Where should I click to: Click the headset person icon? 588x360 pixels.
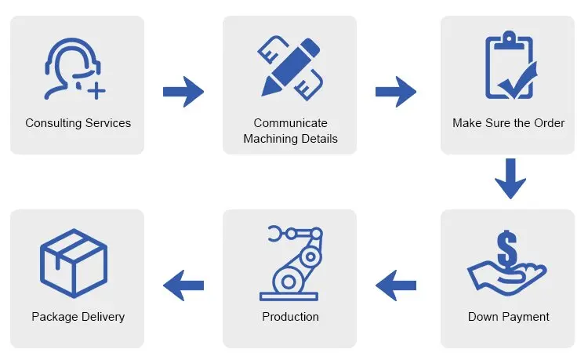pyautogui.click(x=73, y=68)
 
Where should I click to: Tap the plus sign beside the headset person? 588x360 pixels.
pyautogui.click(x=96, y=91)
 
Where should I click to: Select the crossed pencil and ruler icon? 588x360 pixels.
pyautogui.click(x=290, y=68)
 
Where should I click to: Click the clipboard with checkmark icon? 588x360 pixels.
pyautogui.click(x=510, y=65)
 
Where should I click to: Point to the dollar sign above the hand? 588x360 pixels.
pyautogui.click(x=507, y=248)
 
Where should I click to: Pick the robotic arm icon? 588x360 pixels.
pyautogui.click(x=291, y=263)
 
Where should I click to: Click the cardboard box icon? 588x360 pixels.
pyautogui.click(x=74, y=264)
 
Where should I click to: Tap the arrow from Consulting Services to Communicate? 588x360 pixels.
pyautogui.click(x=183, y=92)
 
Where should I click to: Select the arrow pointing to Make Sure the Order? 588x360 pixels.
pyautogui.click(x=396, y=92)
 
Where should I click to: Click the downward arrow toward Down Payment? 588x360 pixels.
pyautogui.click(x=510, y=179)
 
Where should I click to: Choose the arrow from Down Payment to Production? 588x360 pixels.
pyautogui.click(x=396, y=285)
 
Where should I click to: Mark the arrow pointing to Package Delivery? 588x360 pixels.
pyautogui.click(x=183, y=285)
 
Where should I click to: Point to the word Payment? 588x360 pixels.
pyautogui.click(x=525, y=317)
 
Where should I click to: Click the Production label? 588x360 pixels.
pyautogui.click(x=291, y=317)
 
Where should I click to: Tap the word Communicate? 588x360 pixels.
pyautogui.click(x=291, y=122)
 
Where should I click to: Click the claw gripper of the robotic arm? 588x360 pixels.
pyautogui.click(x=275, y=233)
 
